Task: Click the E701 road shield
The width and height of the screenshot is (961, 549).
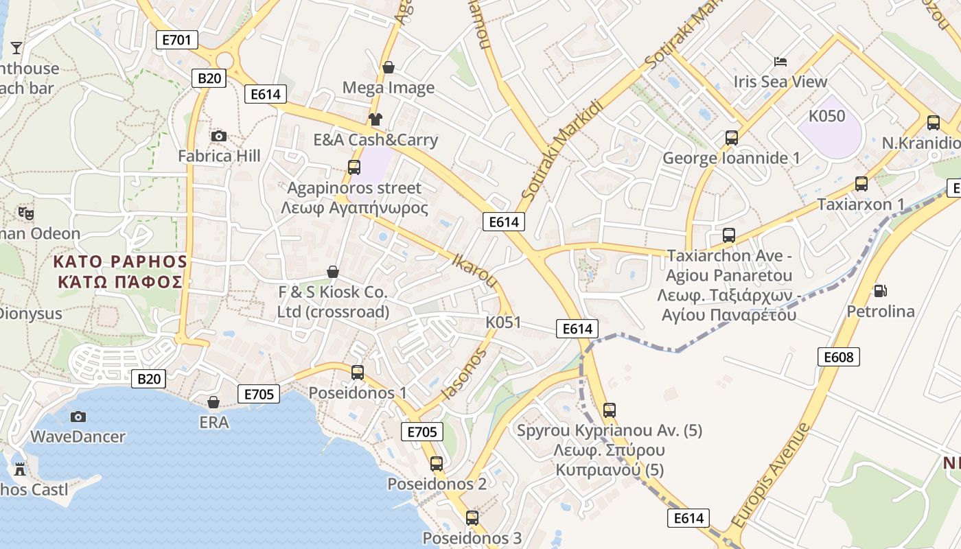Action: tap(177, 40)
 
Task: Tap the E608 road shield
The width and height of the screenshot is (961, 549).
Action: tap(839, 357)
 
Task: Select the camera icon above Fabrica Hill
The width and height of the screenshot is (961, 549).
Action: tap(219, 136)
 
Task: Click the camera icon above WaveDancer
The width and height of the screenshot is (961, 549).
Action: tap(78, 417)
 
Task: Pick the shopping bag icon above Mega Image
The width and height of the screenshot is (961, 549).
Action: tap(389, 67)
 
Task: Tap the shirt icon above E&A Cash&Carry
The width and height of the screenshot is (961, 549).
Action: tap(375, 119)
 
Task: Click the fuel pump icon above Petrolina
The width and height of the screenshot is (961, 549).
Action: tap(880, 291)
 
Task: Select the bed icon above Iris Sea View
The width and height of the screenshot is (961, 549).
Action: tap(780, 62)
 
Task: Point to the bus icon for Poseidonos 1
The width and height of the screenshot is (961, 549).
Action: tap(358, 373)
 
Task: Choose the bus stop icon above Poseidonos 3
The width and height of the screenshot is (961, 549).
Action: tap(472, 517)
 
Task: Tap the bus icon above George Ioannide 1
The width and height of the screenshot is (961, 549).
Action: tap(732, 138)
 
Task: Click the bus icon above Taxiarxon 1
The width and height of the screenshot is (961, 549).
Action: tap(861, 184)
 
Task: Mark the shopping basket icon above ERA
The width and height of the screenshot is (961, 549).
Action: tap(213, 402)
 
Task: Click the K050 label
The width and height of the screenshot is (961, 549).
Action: tap(826, 116)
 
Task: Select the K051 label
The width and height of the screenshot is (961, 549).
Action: tap(503, 323)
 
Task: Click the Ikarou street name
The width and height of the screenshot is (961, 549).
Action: tap(475, 270)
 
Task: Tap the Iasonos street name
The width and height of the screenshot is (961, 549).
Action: tap(465, 374)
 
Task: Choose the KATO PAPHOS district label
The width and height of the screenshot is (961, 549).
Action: tap(120, 272)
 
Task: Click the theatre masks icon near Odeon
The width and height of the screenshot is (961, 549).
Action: tap(26, 213)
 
